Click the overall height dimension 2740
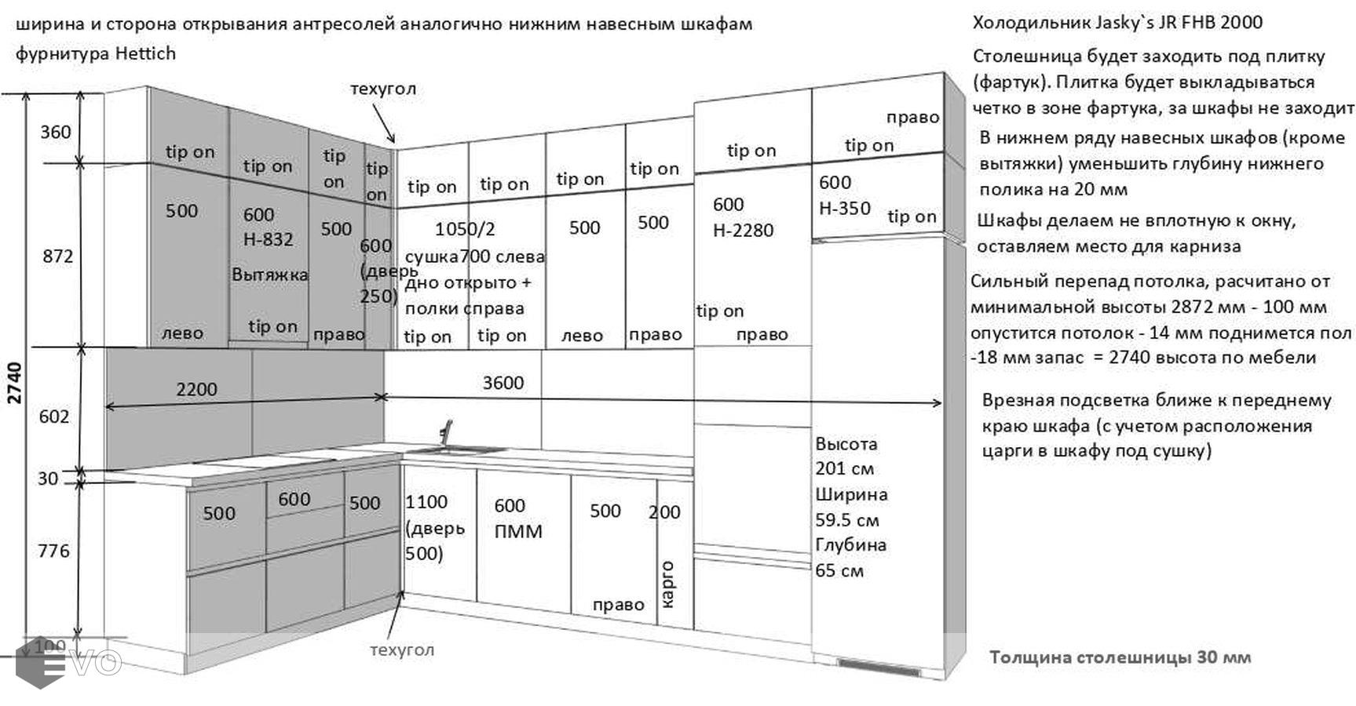pos(15,382)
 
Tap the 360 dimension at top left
pos(55,132)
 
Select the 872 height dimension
pos(57,256)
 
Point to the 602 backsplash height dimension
pos(54,417)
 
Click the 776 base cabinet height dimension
pos(53,551)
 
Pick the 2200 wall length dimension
pos(196,389)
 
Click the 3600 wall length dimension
pos(503,383)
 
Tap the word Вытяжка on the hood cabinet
pos(269,275)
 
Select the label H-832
pos(268,239)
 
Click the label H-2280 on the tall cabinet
pos(743,231)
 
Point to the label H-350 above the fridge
pos(844,209)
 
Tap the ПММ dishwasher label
pos(518,532)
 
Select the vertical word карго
pos(667,584)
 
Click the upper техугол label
pos(382,89)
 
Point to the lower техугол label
pos(401,650)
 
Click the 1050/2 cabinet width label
pos(465,229)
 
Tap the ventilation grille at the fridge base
pos(879,668)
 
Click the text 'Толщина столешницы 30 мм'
pos(1120,657)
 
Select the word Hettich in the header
pos(145,54)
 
